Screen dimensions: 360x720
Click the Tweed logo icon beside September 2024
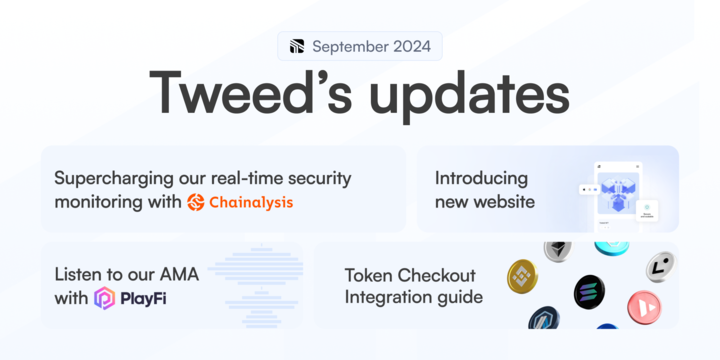296,46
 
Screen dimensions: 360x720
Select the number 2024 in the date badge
412,46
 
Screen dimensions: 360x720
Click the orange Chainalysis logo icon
196,202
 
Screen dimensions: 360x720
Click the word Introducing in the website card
481,178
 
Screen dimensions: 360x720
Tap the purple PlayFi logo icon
104,297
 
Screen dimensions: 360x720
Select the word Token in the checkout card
370,274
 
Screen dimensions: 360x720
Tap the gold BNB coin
523,275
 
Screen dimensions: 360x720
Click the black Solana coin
589,292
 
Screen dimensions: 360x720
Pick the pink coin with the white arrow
643,305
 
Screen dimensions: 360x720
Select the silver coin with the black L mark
659,266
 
